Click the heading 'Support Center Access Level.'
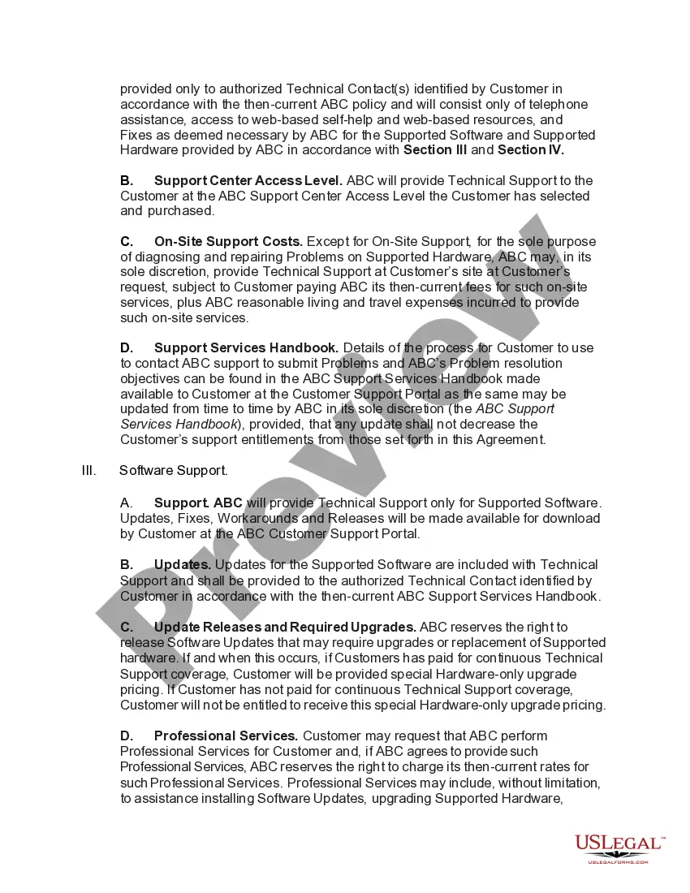coord(248,180)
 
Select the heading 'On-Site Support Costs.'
coord(228,241)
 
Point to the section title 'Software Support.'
coord(174,470)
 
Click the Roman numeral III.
coord(89,470)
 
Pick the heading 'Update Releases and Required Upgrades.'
coord(285,627)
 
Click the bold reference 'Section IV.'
coord(531,150)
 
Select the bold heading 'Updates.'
coord(183,564)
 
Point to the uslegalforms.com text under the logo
coord(618,861)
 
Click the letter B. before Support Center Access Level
coord(127,180)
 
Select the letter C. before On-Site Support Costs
coord(127,241)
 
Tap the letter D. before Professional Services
coord(127,736)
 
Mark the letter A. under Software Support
coord(127,503)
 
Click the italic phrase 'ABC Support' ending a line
coord(515,408)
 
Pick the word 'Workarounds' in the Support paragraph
coord(250,519)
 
